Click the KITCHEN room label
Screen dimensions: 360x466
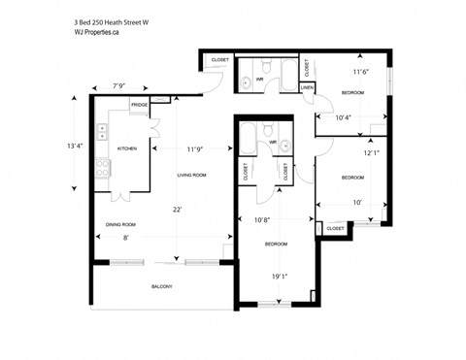pos(127,148)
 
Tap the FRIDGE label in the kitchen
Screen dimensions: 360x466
pos(140,104)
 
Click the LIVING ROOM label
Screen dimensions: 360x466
pos(191,175)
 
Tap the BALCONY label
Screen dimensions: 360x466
pos(162,287)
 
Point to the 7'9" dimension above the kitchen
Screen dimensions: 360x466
pos(120,86)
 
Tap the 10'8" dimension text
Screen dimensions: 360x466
pos(262,219)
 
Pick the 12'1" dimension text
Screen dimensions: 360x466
pos(372,152)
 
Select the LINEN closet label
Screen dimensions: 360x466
pos(307,87)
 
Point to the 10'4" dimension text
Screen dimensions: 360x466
pos(343,117)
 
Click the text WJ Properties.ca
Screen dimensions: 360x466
pos(97,32)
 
